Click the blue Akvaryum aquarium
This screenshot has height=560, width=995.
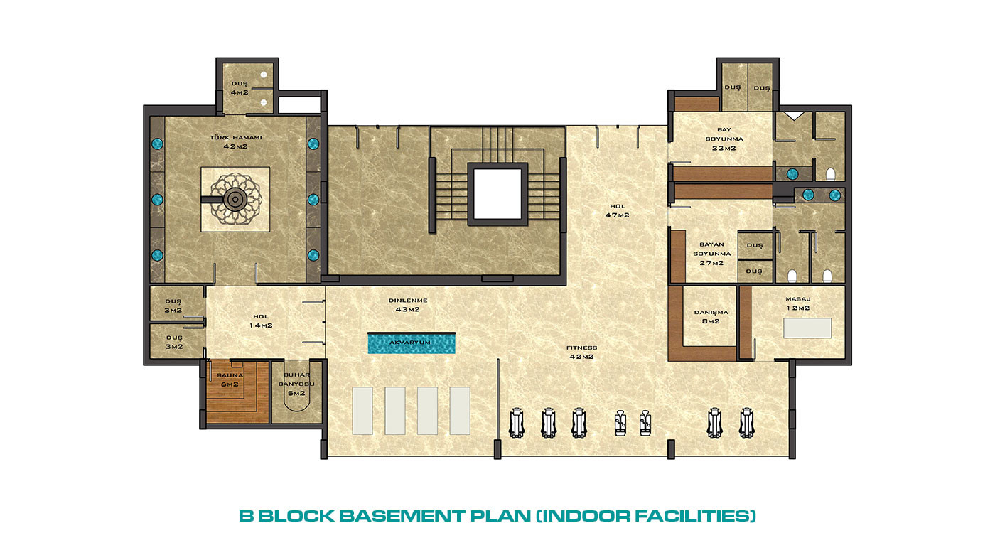click(412, 343)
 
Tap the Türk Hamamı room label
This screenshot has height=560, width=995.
click(235, 141)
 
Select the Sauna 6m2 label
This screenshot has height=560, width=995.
click(230, 379)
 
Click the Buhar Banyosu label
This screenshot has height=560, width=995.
click(296, 384)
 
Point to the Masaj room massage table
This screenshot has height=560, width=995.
click(807, 328)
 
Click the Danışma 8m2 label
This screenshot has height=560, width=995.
click(711, 317)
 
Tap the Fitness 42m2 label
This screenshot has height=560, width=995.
click(581, 352)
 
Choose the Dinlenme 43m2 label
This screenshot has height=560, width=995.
click(408, 305)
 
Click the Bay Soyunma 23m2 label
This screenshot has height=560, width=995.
click(724, 139)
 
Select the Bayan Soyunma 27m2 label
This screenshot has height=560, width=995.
click(711, 254)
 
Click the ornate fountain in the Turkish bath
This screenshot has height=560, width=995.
click(235, 200)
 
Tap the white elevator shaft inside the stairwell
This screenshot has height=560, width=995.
click(497, 193)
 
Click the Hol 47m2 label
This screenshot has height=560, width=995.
click(618, 210)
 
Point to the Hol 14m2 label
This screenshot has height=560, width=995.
click(261, 321)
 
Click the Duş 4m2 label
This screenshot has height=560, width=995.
click(240, 88)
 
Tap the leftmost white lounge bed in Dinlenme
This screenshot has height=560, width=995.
click(362, 411)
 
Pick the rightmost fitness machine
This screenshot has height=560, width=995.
click(746, 424)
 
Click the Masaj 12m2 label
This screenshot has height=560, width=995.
click(797, 303)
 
